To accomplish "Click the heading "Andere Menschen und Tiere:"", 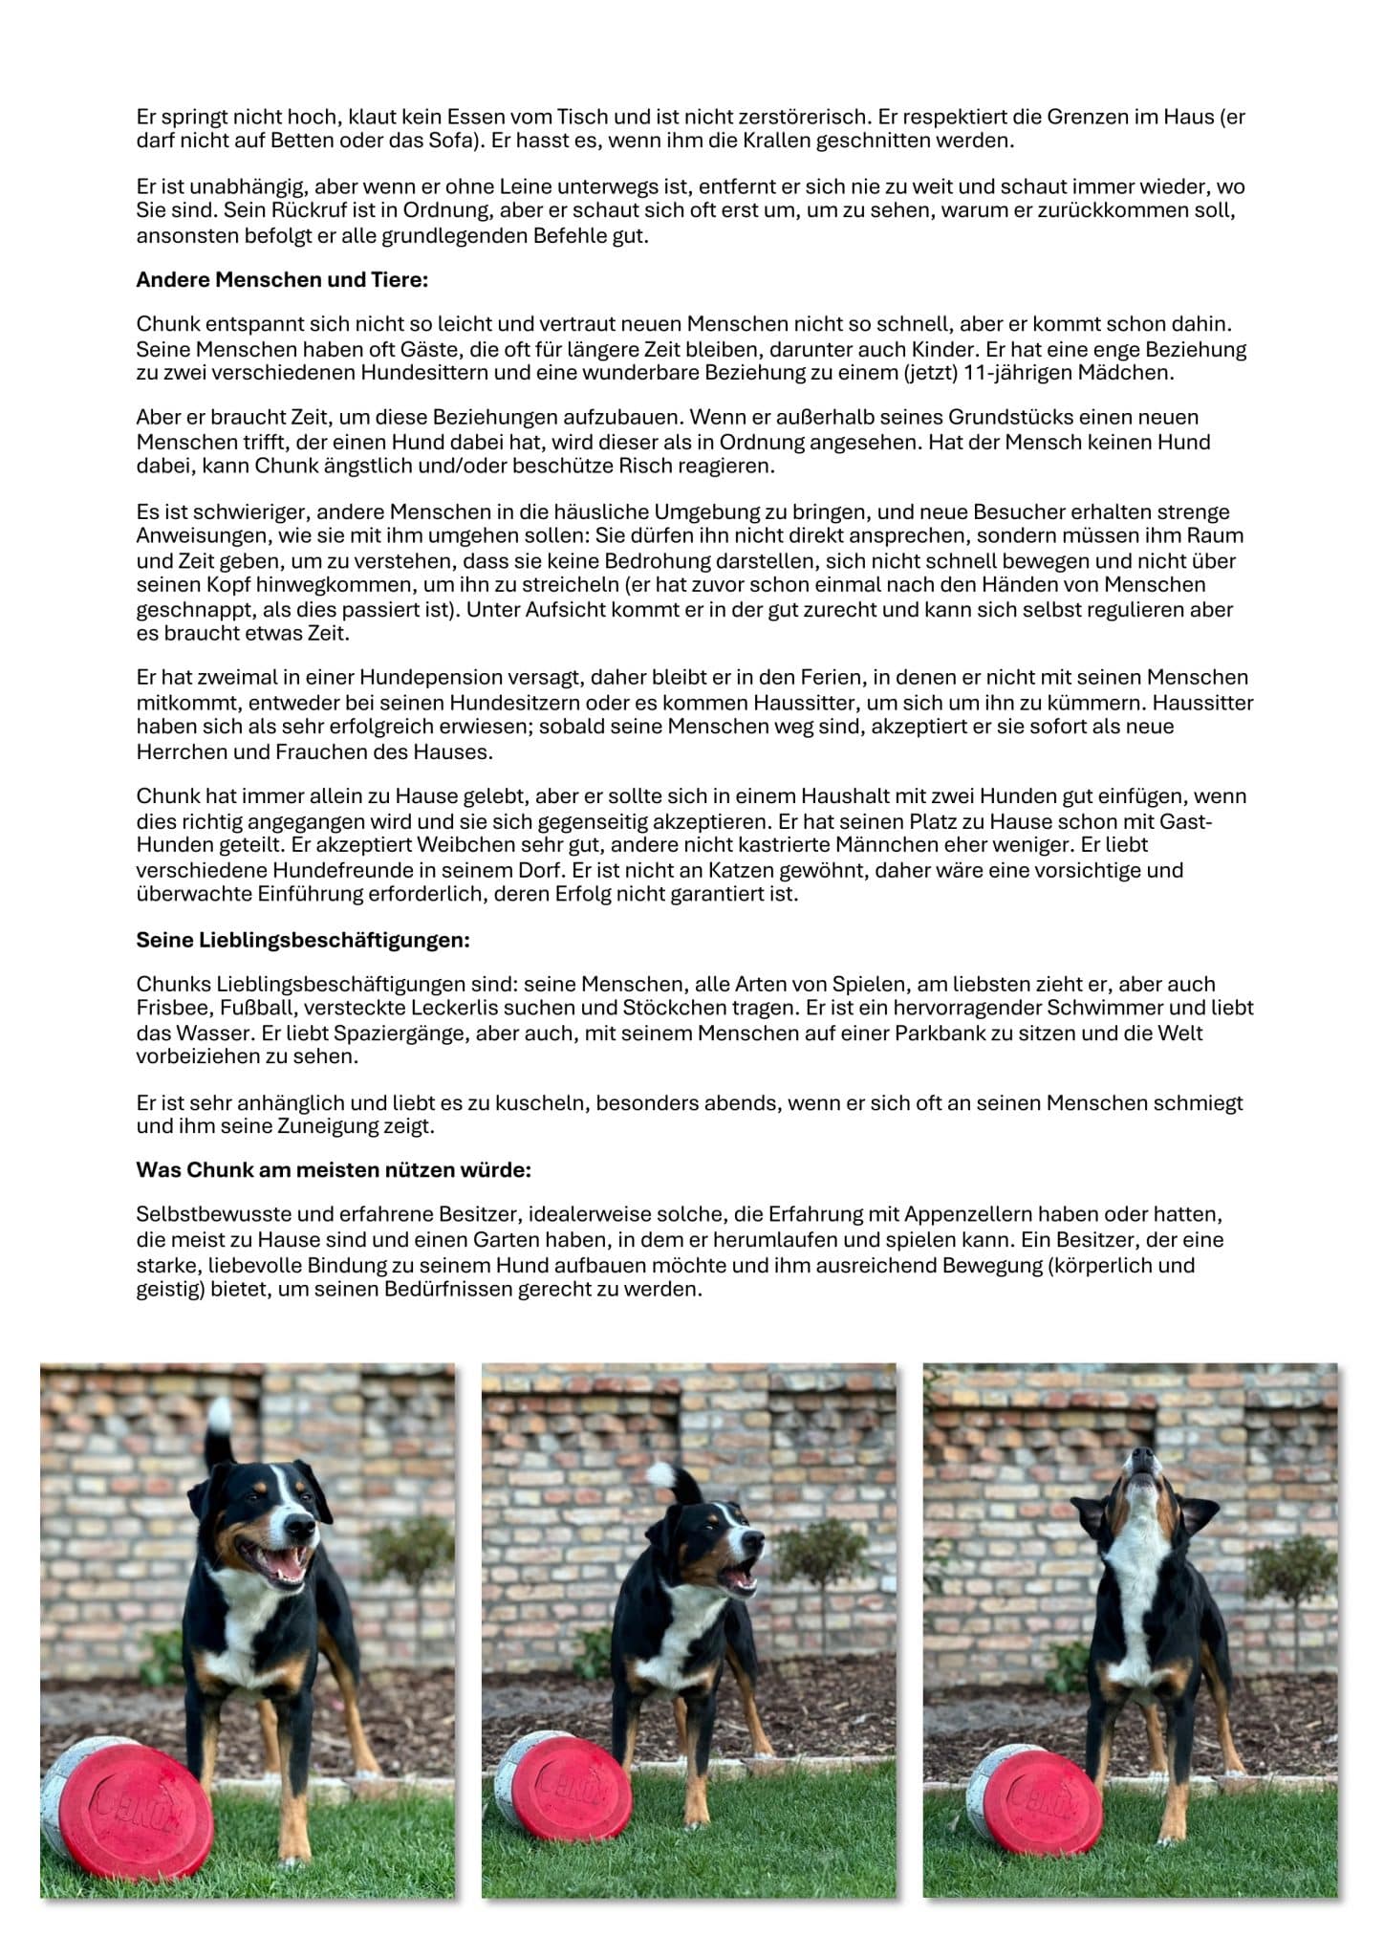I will tap(282, 280).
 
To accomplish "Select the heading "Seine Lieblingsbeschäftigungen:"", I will tap(303, 940).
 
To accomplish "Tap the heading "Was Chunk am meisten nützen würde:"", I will tap(334, 1170).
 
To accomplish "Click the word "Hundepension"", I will tap(418, 678).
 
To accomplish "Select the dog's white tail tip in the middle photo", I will tap(661, 1475).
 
